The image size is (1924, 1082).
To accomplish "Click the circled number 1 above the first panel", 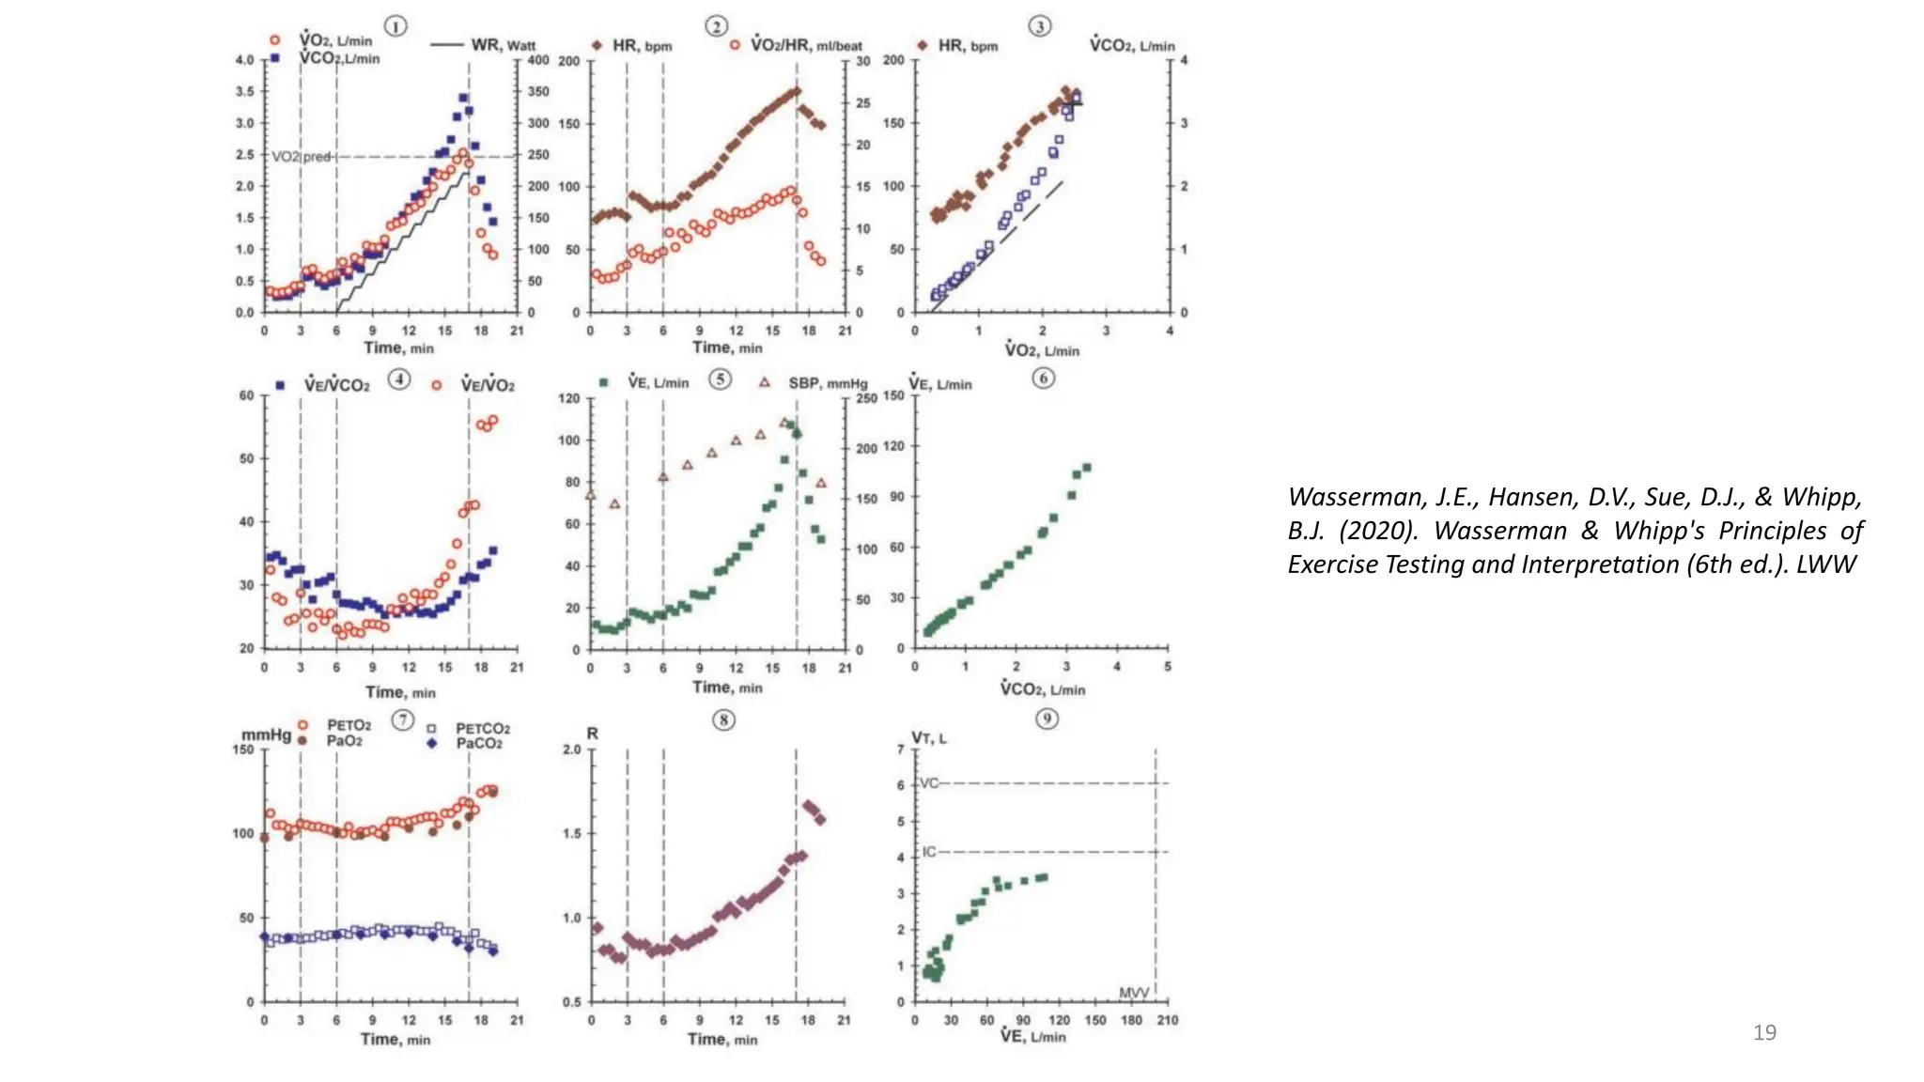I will pyautogui.click(x=396, y=26).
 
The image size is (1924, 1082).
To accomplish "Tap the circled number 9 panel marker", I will pyautogui.click(x=1047, y=719).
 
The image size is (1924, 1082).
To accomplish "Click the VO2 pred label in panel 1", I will pyautogui.click(x=301, y=157).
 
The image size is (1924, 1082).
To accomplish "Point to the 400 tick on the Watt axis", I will pyautogui.click(x=537, y=61).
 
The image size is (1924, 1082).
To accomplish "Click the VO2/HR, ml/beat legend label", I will pyautogui.click(x=806, y=45).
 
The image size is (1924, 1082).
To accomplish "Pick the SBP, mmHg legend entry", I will pyautogui.click(x=827, y=383).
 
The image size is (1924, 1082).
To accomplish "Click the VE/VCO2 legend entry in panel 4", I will pyautogui.click(x=336, y=385).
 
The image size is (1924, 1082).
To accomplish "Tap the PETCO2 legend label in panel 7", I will pyautogui.click(x=483, y=728).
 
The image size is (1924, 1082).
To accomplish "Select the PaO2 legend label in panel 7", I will pyautogui.click(x=344, y=741).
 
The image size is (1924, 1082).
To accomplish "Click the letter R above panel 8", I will pyautogui.click(x=592, y=734).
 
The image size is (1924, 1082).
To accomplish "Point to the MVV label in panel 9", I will pyautogui.click(x=1134, y=993).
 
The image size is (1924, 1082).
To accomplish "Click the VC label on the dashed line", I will pyautogui.click(x=928, y=783).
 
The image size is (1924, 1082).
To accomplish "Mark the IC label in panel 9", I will pyautogui.click(x=929, y=852).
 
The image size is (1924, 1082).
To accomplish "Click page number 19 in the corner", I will pyautogui.click(x=1764, y=1032).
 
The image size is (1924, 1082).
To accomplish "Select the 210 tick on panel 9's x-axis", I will pyautogui.click(x=1167, y=1020).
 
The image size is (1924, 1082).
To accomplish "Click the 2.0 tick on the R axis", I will pyautogui.click(x=572, y=750).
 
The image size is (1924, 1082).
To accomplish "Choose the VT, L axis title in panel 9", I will pyautogui.click(x=928, y=738).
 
